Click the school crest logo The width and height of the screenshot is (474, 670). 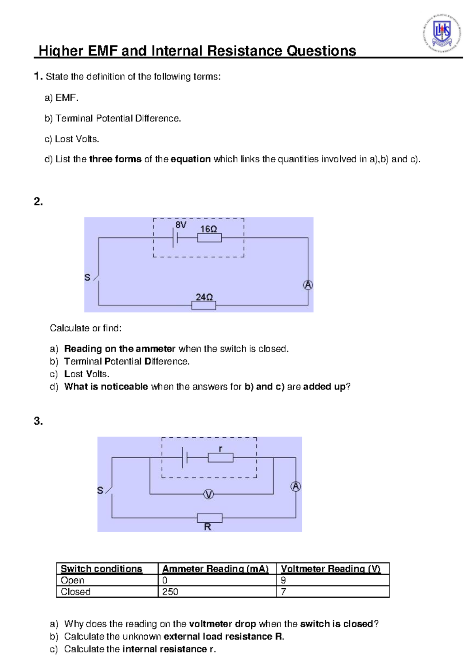click(442, 33)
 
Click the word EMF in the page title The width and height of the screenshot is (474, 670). click(103, 51)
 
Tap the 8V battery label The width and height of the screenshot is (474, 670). click(181, 225)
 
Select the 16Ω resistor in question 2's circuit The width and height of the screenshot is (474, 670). click(209, 238)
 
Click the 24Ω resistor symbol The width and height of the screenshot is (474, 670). click(203, 305)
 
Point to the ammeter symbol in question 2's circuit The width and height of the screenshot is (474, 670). click(308, 285)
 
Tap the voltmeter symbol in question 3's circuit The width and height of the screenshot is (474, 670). click(209, 494)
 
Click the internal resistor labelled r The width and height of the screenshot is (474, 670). click(220, 458)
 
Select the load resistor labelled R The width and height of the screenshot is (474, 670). click(210, 518)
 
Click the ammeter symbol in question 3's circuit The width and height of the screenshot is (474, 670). click(295, 486)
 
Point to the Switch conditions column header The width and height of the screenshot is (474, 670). click(102, 569)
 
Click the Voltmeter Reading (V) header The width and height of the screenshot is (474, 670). click(330, 569)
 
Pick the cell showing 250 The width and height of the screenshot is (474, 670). click(170, 592)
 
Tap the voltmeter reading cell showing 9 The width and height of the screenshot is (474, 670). click(284, 580)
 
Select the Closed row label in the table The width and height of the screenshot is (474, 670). click(75, 592)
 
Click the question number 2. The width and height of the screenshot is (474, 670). click(38, 202)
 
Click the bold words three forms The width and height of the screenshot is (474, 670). click(115, 159)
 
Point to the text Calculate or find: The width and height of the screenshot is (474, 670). click(86, 328)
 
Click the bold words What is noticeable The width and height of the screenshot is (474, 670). click(106, 387)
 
